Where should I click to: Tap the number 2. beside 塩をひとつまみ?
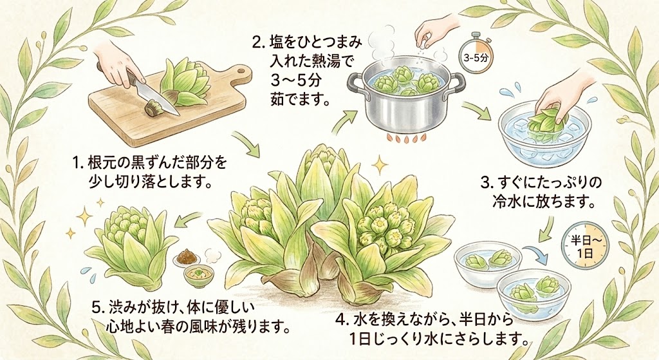tap(257, 42)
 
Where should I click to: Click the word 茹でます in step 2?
tap(299, 100)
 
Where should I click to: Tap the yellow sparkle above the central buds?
tap(380, 166)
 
